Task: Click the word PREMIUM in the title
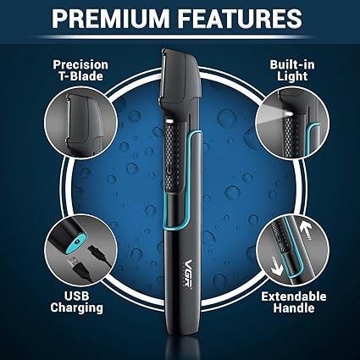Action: click(110, 19)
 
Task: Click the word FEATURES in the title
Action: click(241, 19)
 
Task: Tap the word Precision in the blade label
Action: click(80, 65)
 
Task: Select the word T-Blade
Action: click(80, 76)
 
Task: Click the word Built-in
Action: click(292, 64)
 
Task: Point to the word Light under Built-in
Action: click(292, 76)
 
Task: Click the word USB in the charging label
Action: click(77, 296)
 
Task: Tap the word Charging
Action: click(77, 308)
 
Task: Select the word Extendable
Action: click(294, 296)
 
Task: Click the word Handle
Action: click(294, 307)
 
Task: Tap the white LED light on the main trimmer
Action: click(169, 121)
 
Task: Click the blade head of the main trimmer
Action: click(180, 76)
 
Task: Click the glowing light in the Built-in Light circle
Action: click(289, 114)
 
